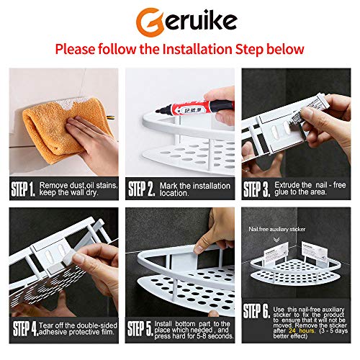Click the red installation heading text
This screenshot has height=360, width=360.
180,50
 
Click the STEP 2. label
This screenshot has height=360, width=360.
141,189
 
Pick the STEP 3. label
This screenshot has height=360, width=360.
256,189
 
